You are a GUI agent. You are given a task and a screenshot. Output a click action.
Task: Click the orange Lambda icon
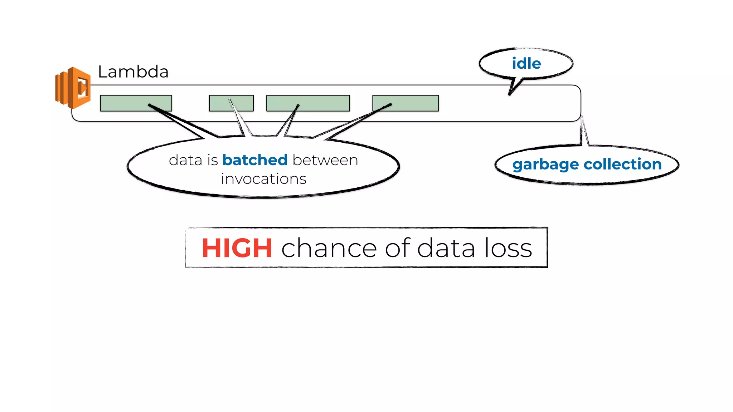73,88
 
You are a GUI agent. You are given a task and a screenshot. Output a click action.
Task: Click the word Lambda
133,72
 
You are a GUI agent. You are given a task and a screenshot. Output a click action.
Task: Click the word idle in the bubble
526,64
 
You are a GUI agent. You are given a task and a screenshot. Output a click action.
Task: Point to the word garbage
545,165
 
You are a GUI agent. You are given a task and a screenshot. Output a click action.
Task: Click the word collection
623,164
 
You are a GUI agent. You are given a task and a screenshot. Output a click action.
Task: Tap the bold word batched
255,160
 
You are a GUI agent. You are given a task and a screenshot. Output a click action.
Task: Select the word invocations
263,179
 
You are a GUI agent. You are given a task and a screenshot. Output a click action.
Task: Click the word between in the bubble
325,160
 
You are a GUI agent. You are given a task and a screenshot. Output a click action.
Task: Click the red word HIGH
237,248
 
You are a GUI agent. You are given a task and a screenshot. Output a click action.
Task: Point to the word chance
329,248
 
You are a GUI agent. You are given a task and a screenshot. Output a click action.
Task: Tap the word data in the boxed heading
446,248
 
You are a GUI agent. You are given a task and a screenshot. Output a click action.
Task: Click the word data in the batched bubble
185,160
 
